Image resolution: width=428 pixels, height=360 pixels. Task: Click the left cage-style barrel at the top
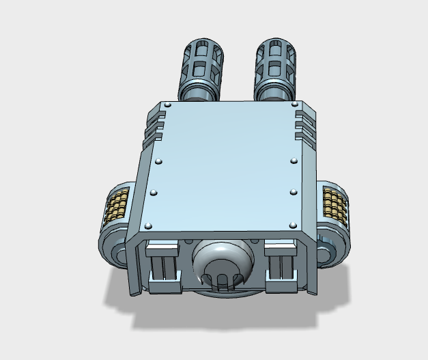(x=201, y=61)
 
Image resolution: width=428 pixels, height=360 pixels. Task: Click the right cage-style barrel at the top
(x=276, y=61)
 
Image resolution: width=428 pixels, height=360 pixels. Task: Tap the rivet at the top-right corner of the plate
(x=294, y=105)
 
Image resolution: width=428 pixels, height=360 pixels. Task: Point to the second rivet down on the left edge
(x=159, y=161)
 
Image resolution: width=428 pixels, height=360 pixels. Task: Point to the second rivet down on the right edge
(x=293, y=161)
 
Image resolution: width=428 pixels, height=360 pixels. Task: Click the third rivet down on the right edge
(x=293, y=191)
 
